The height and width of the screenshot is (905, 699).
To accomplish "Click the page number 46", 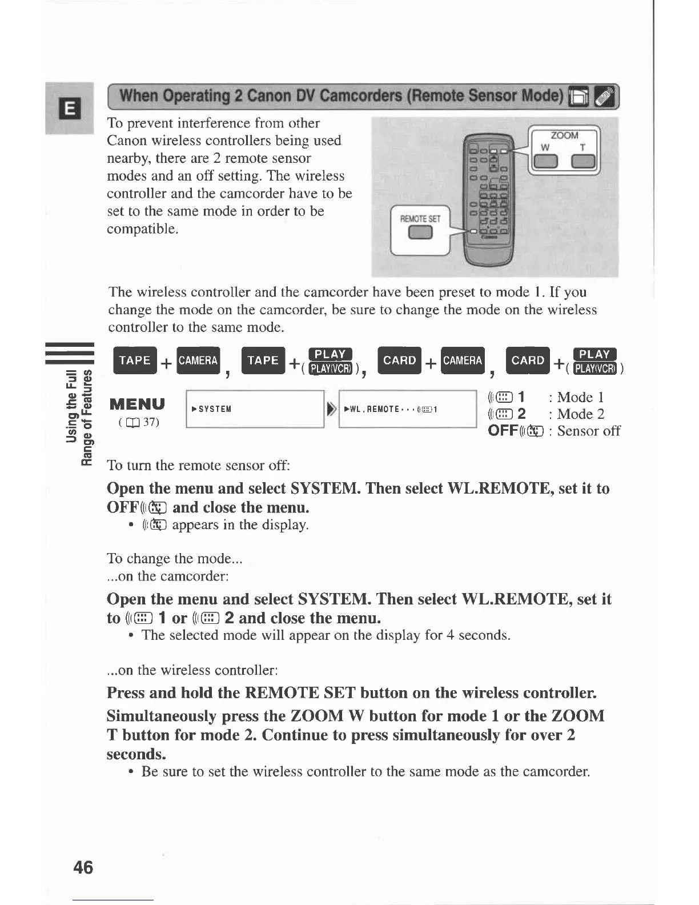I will coord(83,867).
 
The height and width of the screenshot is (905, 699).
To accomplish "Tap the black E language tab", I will coord(70,108).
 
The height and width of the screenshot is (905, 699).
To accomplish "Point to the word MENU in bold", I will coord(137,404).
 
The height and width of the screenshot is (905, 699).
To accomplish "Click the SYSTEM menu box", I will coord(255,409).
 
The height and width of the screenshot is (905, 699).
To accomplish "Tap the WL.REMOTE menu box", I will coord(407,409).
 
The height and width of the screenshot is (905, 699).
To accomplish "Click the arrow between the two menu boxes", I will coord(331,409).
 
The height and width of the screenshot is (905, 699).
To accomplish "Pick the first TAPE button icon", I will coord(135,361).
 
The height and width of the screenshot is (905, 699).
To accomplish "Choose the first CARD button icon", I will coord(400,361).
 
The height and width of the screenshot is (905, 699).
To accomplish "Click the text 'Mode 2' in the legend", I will coord(580,414).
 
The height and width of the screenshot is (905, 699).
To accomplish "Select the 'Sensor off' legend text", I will coord(588,431).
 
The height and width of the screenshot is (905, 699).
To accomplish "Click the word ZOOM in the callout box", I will coord(564,135).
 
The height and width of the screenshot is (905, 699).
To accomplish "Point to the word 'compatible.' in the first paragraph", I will coord(143,229).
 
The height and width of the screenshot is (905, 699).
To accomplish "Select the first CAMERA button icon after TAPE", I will coord(198,361).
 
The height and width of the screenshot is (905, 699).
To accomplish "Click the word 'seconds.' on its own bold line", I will coord(136,754).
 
